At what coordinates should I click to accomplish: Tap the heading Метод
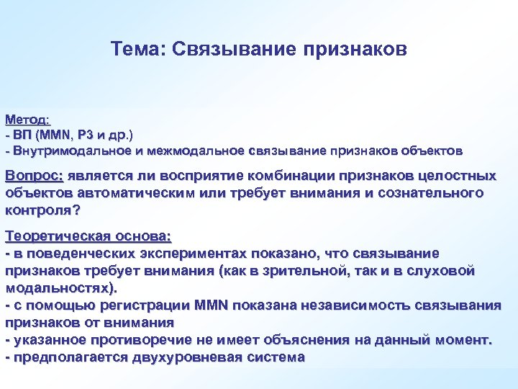(x=27, y=118)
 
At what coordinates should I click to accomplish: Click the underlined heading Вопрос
(x=35, y=176)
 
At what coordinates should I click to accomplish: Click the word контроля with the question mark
(x=42, y=211)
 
